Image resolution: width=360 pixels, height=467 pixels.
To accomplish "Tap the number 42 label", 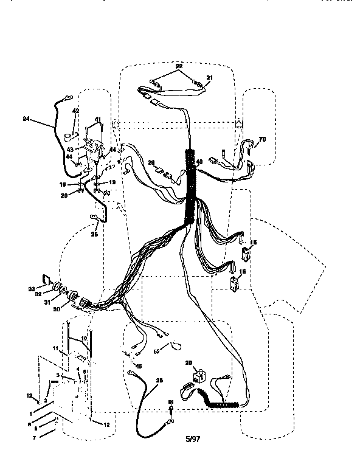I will pyautogui.click(x=76, y=111).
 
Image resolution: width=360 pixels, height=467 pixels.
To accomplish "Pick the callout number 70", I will pyautogui.click(x=262, y=140).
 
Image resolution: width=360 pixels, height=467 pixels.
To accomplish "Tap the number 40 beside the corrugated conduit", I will pyautogui.click(x=198, y=161).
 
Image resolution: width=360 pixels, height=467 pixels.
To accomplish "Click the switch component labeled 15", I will pyautogui.click(x=249, y=252).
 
